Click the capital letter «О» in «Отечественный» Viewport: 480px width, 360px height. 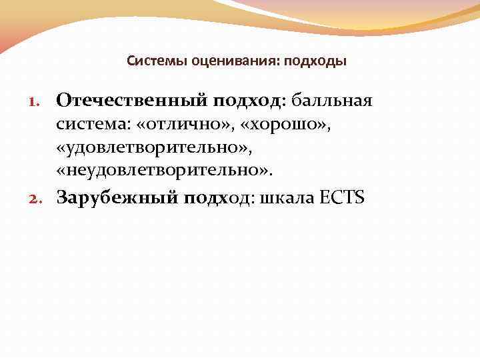coord(65,100)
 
